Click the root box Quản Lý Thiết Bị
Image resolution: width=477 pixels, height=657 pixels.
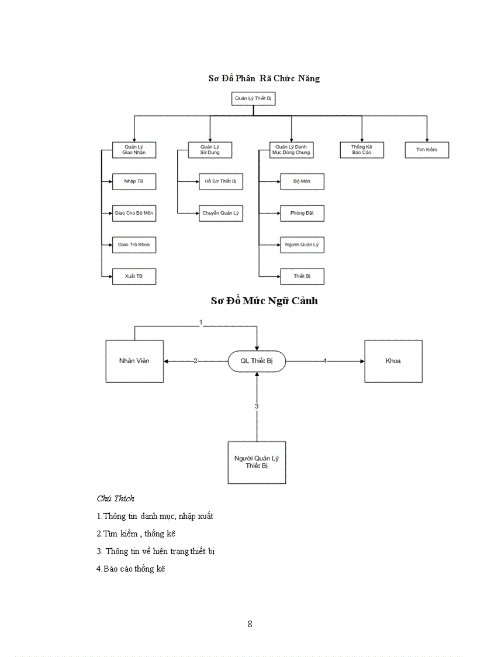click(253, 99)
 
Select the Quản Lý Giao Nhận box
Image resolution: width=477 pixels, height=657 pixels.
click(134, 150)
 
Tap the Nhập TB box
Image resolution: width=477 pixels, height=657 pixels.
click(134, 182)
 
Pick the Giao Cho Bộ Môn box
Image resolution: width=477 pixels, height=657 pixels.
click(134, 213)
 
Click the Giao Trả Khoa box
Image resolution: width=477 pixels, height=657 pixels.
click(134, 245)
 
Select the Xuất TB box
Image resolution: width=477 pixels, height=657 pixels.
click(134, 276)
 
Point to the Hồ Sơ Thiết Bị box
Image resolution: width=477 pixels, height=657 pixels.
click(220, 182)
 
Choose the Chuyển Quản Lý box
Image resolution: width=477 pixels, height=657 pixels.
click(220, 213)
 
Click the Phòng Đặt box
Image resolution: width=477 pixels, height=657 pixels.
click(302, 213)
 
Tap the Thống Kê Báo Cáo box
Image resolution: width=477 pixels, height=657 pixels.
click(362, 150)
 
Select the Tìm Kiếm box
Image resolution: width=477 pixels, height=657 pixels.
click(427, 150)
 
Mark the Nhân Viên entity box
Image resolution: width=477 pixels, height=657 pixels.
click(134, 361)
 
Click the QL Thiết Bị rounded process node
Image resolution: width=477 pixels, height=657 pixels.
click(256, 362)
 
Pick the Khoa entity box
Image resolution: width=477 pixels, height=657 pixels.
click(393, 361)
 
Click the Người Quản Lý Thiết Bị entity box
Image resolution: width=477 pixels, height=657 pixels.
click(256, 462)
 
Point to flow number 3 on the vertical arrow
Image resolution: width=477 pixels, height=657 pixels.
click(256, 405)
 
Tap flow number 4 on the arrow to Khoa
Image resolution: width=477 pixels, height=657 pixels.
click(325, 362)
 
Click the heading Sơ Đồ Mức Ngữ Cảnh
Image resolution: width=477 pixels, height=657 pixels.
click(264, 301)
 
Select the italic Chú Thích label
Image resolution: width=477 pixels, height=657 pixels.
click(115, 498)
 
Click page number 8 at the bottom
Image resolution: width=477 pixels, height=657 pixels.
click(250, 624)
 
